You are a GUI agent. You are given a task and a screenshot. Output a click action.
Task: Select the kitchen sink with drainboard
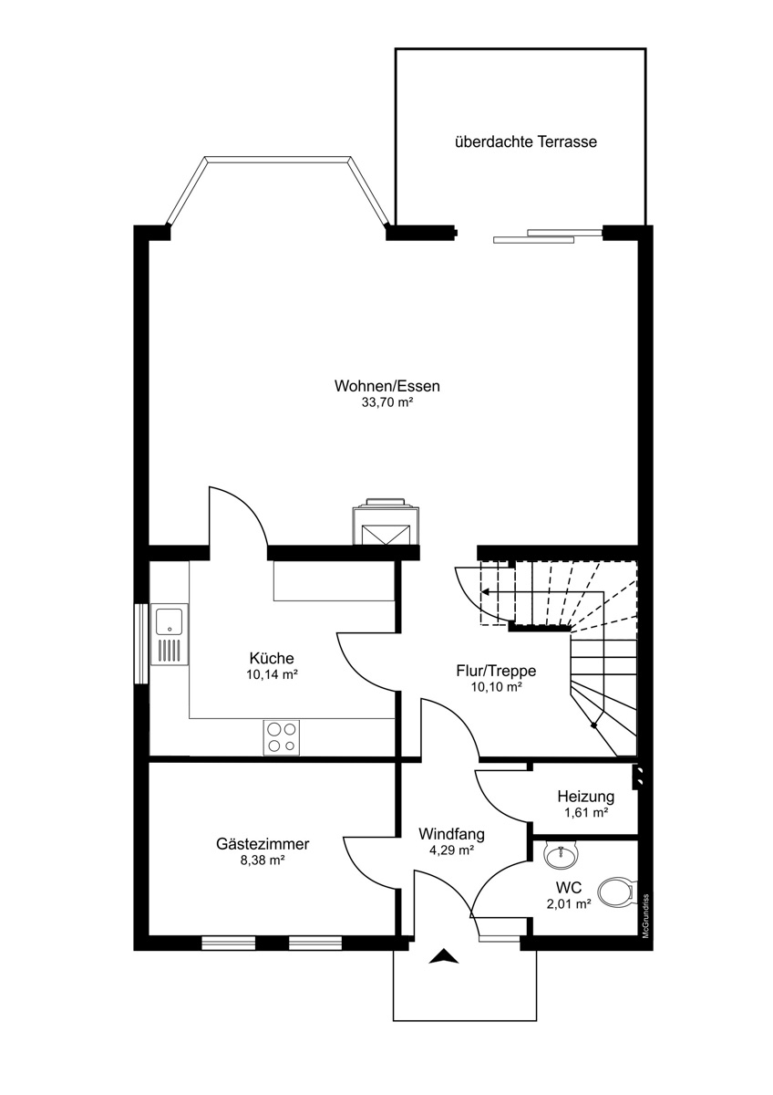(170, 634)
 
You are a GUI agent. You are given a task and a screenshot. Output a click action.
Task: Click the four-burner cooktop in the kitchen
(282, 737)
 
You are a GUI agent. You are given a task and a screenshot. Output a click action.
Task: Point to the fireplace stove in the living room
(386, 522)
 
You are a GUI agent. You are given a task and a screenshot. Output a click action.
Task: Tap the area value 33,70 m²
(387, 402)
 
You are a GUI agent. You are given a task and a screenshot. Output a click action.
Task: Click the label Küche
(272, 658)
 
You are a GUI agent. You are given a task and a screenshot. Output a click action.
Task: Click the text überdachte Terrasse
(526, 141)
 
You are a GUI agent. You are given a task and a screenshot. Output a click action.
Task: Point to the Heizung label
(586, 797)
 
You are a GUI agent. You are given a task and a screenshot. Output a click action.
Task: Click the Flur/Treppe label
(496, 671)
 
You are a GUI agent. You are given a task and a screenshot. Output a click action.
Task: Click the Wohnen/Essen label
(387, 386)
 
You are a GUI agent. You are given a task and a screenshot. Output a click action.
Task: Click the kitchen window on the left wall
(141, 642)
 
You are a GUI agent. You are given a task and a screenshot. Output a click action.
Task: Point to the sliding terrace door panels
(547, 235)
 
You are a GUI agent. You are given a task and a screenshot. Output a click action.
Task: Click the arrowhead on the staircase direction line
(486, 592)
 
